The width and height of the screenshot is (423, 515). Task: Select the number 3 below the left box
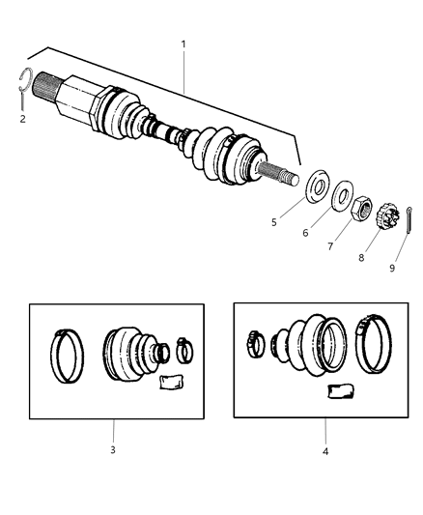click(x=114, y=450)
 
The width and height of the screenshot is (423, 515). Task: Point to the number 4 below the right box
click(x=325, y=450)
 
